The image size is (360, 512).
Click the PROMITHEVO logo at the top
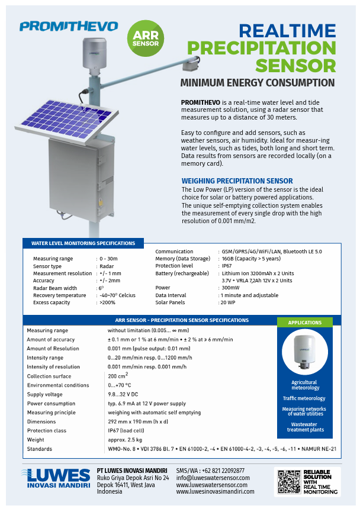coord(68,26)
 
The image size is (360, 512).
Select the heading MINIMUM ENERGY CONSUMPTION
coord(257,83)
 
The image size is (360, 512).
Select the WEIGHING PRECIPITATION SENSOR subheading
coord(236,181)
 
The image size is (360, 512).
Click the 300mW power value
coord(229,288)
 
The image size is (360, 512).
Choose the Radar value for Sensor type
coord(107,266)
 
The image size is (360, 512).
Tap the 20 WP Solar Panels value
coord(227,302)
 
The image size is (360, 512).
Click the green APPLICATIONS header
coord(304,323)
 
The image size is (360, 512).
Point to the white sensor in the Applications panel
coord(305,354)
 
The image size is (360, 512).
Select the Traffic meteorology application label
coord(304,398)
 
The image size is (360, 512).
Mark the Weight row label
coord(36,440)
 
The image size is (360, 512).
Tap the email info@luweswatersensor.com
coord(213,478)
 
